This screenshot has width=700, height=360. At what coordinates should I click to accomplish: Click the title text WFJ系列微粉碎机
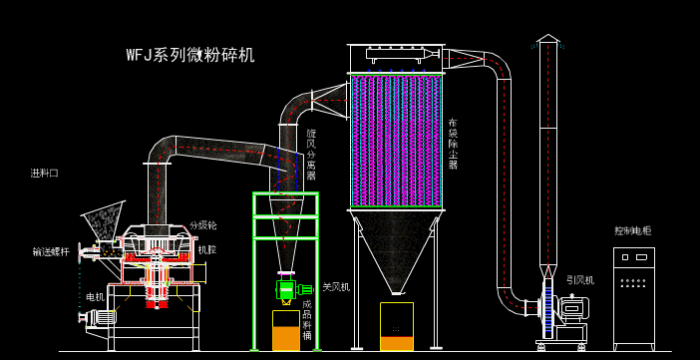(189, 55)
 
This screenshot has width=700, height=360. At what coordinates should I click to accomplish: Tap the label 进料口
(44, 173)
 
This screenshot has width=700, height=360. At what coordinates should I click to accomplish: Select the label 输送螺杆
(51, 251)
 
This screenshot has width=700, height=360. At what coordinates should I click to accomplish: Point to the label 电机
(95, 296)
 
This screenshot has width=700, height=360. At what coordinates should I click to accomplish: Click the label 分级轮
(203, 225)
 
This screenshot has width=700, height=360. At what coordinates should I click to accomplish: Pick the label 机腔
(206, 249)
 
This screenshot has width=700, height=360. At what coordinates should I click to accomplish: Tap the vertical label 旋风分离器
(311, 155)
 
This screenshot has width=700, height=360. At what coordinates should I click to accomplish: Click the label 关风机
(336, 287)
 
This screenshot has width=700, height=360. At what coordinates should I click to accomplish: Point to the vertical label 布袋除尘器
(453, 144)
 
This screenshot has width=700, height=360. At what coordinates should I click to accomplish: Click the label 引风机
(580, 280)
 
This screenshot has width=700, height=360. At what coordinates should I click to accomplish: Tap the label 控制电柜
(633, 230)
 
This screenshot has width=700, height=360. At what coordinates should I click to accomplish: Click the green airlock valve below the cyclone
(288, 289)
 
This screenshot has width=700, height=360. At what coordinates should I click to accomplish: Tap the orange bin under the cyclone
(286, 332)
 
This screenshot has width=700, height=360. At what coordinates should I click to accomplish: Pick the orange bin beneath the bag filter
(397, 328)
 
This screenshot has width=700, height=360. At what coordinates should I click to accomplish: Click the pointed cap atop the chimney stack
(547, 38)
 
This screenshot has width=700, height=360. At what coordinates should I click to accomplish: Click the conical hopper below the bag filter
(396, 249)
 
